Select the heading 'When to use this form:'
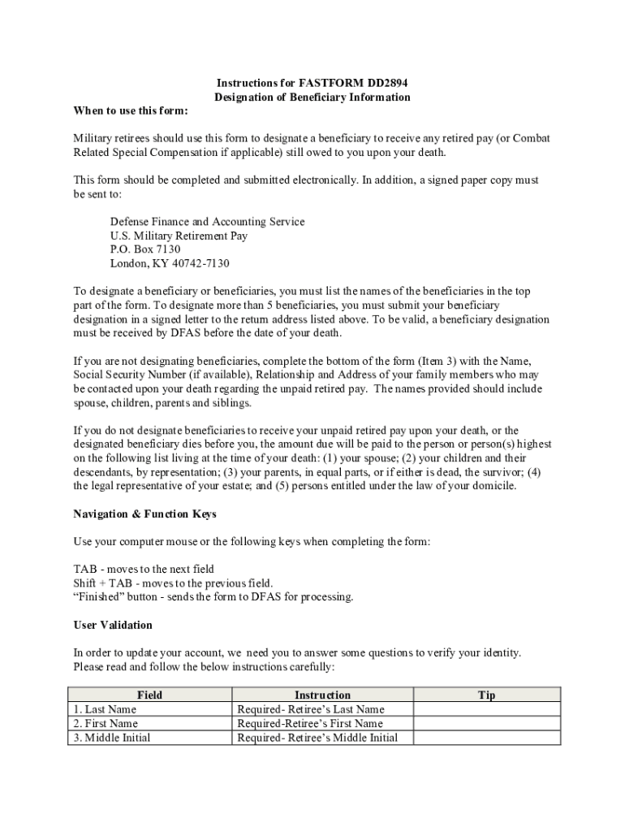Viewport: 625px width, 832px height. click(x=131, y=110)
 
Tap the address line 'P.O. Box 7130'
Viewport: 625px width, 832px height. click(x=145, y=249)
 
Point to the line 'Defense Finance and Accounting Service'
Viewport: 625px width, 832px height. click(x=208, y=222)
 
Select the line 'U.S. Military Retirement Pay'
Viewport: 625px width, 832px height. click(x=179, y=236)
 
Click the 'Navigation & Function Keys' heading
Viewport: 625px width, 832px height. click(x=145, y=513)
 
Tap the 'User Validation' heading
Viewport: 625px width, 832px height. click(x=113, y=625)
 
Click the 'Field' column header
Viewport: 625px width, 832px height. click(x=150, y=695)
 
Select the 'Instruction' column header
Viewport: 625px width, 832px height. click(x=322, y=695)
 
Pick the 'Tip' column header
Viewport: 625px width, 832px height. click(x=487, y=695)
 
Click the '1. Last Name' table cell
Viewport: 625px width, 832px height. click(x=105, y=709)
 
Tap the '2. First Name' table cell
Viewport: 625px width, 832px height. click(x=106, y=723)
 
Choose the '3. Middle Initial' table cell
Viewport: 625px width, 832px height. click(x=112, y=738)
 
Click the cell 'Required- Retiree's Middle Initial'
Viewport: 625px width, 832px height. click(x=317, y=738)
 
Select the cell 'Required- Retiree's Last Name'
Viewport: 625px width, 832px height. click(x=311, y=709)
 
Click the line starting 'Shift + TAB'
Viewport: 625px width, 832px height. click(x=174, y=583)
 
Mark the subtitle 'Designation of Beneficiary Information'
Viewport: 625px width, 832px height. click(x=312, y=97)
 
